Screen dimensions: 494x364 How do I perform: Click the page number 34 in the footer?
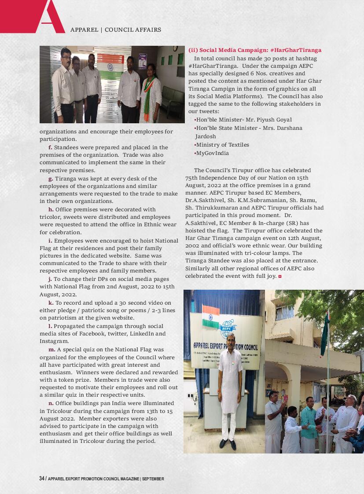coord(42,479)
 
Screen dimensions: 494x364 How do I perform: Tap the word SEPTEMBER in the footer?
coord(153,479)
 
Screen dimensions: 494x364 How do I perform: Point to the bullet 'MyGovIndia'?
coord(212,153)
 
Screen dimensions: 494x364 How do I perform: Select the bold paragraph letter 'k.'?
coord(51,303)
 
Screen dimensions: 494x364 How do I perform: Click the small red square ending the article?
coord(280,276)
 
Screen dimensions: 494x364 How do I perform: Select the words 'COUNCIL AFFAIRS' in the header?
coord(133,30)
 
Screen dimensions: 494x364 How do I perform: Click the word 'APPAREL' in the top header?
coord(84,30)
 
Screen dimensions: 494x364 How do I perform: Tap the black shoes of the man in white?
coord(228,444)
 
